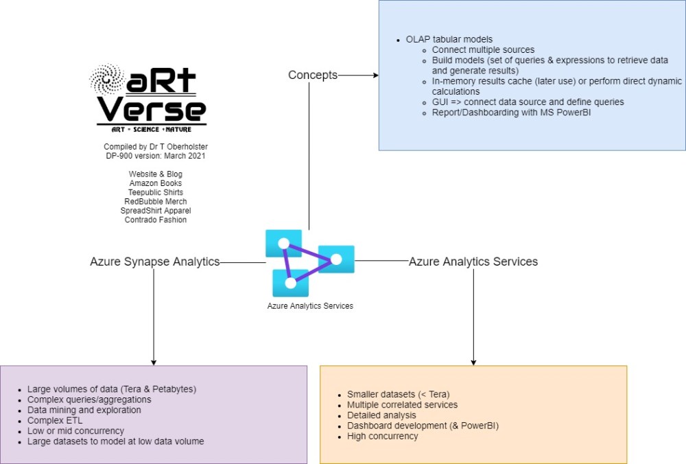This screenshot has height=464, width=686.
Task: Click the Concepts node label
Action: pyautogui.click(x=313, y=75)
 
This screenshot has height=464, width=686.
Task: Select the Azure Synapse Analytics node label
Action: pyautogui.click(x=155, y=262)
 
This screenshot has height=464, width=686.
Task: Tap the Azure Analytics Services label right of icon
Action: pyautogui.click(x=473, y=262)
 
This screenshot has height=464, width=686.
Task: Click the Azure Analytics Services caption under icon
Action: pyautogui.click(x=310, y=306)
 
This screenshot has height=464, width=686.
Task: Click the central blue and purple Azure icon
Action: pyautogui.click(x=309, y=262)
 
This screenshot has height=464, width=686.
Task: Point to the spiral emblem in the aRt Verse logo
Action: pyautogui.click(x=107, y=81)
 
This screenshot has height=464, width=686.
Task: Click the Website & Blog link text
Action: pyautogui.click(x=156, y=174)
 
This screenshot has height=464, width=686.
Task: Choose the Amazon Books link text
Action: pyautogui.click(x=156, y=183)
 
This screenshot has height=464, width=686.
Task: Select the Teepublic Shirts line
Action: pyautogui.click(x=156, y=192)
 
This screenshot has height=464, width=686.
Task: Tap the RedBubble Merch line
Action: pyautogui.click(x=156, y=202)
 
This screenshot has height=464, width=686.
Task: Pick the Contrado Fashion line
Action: pyautogui.click(x=156, y=220)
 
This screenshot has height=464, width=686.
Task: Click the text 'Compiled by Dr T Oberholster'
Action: pyautogui.click(x=156, y=147)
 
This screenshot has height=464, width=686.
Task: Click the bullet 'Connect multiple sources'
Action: pyautogui.click(x=484, y=49)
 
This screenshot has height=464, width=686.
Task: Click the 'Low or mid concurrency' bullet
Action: pyautogui.click(x=75, y=430)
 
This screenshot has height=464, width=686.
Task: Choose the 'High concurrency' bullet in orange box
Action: pyautogui.click(x=382, y=436)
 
